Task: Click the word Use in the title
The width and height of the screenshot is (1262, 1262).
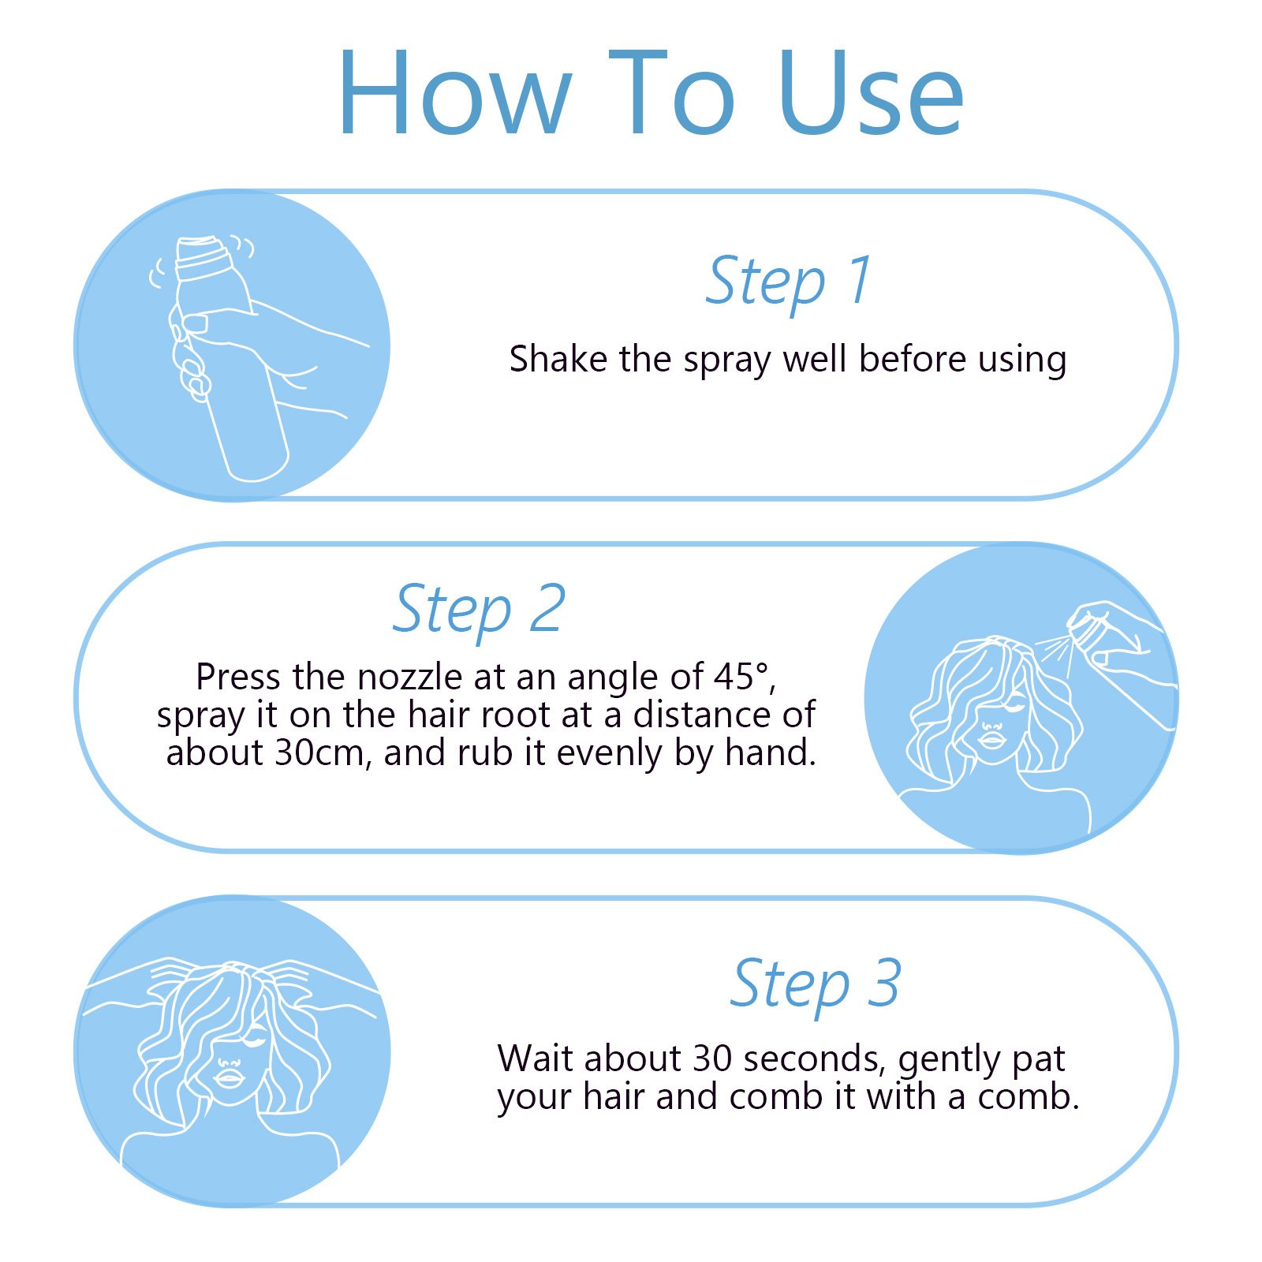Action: click(871, 93)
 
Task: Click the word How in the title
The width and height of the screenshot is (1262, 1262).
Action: click(455, 93)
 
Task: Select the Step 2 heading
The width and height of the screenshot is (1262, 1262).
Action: click(479, 610)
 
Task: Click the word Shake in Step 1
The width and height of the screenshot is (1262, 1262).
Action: click(558, 359)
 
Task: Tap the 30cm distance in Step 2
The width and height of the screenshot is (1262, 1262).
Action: click(320, 753)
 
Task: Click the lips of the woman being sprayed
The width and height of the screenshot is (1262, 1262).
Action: click(991, 740)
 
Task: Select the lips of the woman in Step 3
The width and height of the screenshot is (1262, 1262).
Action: click(229, 1077)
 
